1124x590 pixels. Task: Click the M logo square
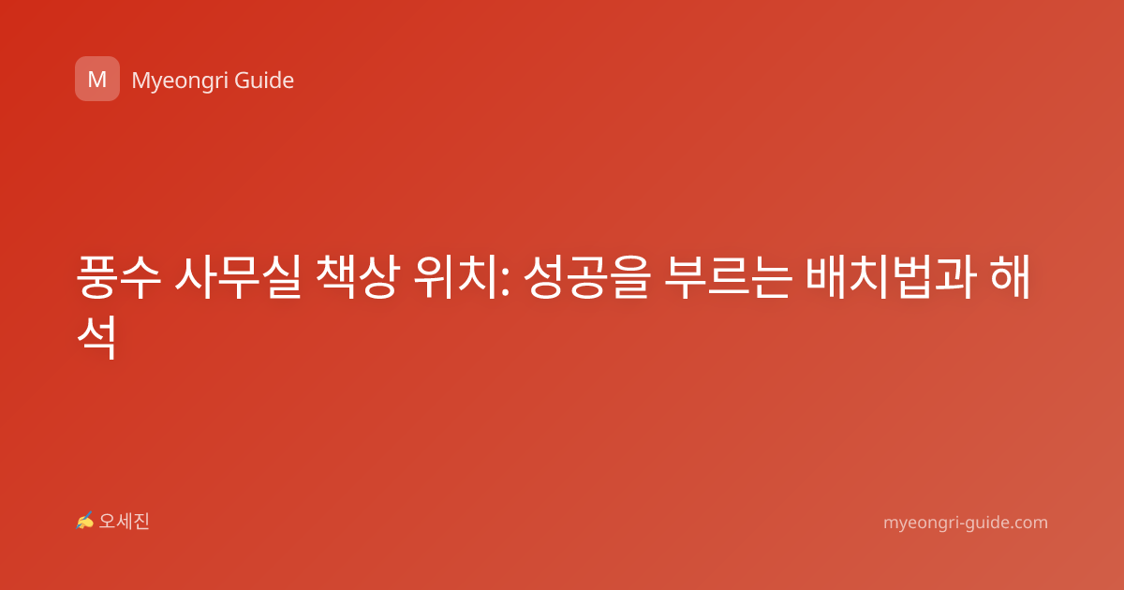[x=97, y=79]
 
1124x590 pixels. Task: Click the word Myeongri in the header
[x=180, y=81]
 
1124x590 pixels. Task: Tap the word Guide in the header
[x=264, y=81]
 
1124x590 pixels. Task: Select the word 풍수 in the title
[x=119, y=277]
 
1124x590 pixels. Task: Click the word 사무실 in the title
[x=238, y=277]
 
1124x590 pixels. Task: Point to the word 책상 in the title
[x=358, y=277]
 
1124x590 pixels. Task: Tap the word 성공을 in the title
[x=586, y=277]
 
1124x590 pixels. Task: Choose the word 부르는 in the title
[x=728, y=277]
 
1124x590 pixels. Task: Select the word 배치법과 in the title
[x=891, y=277]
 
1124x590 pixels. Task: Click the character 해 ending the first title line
[x=1010, y=277]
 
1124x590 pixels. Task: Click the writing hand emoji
[x=84, y=521]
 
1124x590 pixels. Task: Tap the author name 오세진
[x=124, y=522]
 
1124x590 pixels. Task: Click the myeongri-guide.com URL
[x=966, y=523]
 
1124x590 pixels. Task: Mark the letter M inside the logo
[x=97, y=80]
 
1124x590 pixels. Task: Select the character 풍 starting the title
[x=97, y=277]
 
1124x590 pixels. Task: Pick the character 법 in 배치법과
[x=912, y=277]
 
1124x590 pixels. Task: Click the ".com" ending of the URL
[x=1028, y=523]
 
